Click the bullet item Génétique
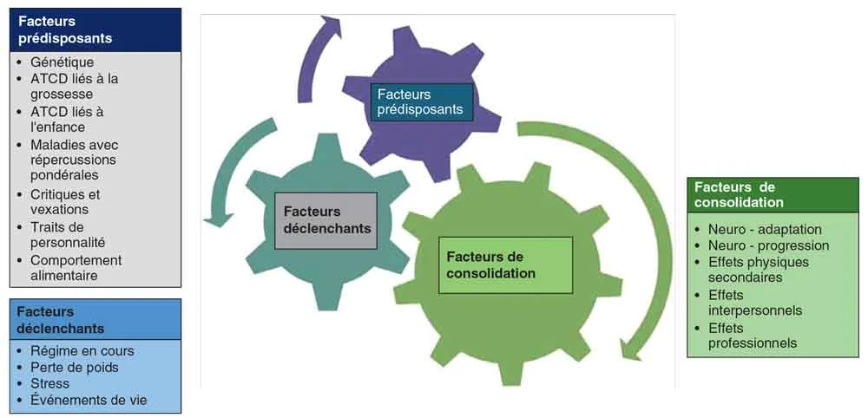[62, 62]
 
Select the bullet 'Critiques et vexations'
[65, 202]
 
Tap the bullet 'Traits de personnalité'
[68, 235]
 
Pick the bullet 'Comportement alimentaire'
[76, 268]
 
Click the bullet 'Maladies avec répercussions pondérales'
[74, 160]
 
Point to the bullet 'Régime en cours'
[82, 351]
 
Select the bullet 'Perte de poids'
[74, 368]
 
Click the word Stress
[49, 384]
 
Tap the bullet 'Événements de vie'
[89, 401]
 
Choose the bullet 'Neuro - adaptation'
[765, 229]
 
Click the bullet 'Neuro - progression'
[768, 245]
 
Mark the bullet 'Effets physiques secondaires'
[758, 270]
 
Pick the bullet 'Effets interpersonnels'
[754, 303]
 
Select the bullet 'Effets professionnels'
[752, 336]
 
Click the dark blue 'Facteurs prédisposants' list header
[95, 30]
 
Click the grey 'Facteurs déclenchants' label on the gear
[326, 220]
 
